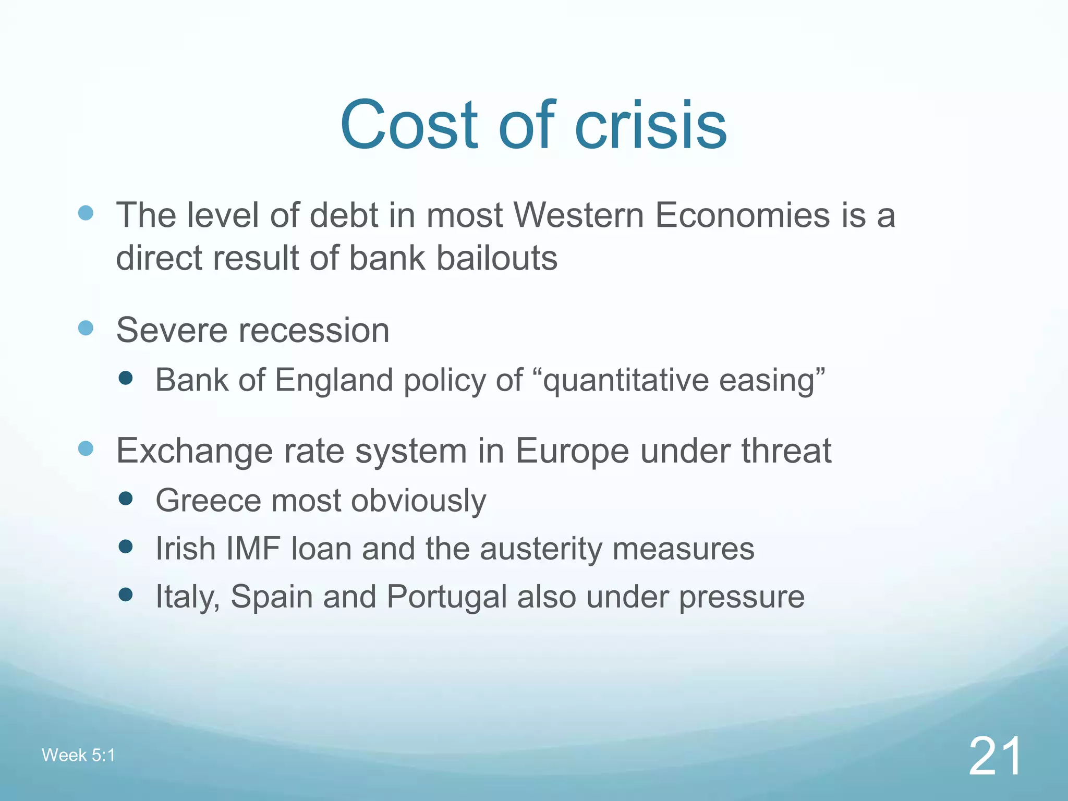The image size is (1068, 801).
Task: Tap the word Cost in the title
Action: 409,125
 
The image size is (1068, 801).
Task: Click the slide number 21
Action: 995,756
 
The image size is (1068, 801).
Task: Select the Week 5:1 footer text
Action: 78,755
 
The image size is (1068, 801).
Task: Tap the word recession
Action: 314,331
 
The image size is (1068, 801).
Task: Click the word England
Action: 334,380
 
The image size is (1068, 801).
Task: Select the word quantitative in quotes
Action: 625,381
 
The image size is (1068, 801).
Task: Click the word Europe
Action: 572,451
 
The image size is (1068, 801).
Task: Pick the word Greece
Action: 208,501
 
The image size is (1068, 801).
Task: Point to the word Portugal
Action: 447,597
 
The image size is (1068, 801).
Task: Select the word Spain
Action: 272,597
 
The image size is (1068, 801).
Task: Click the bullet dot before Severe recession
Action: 86,328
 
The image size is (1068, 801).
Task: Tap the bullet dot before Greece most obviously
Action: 126,499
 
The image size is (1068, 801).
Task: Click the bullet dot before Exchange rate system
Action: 86,448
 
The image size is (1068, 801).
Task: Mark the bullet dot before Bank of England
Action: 126,378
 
